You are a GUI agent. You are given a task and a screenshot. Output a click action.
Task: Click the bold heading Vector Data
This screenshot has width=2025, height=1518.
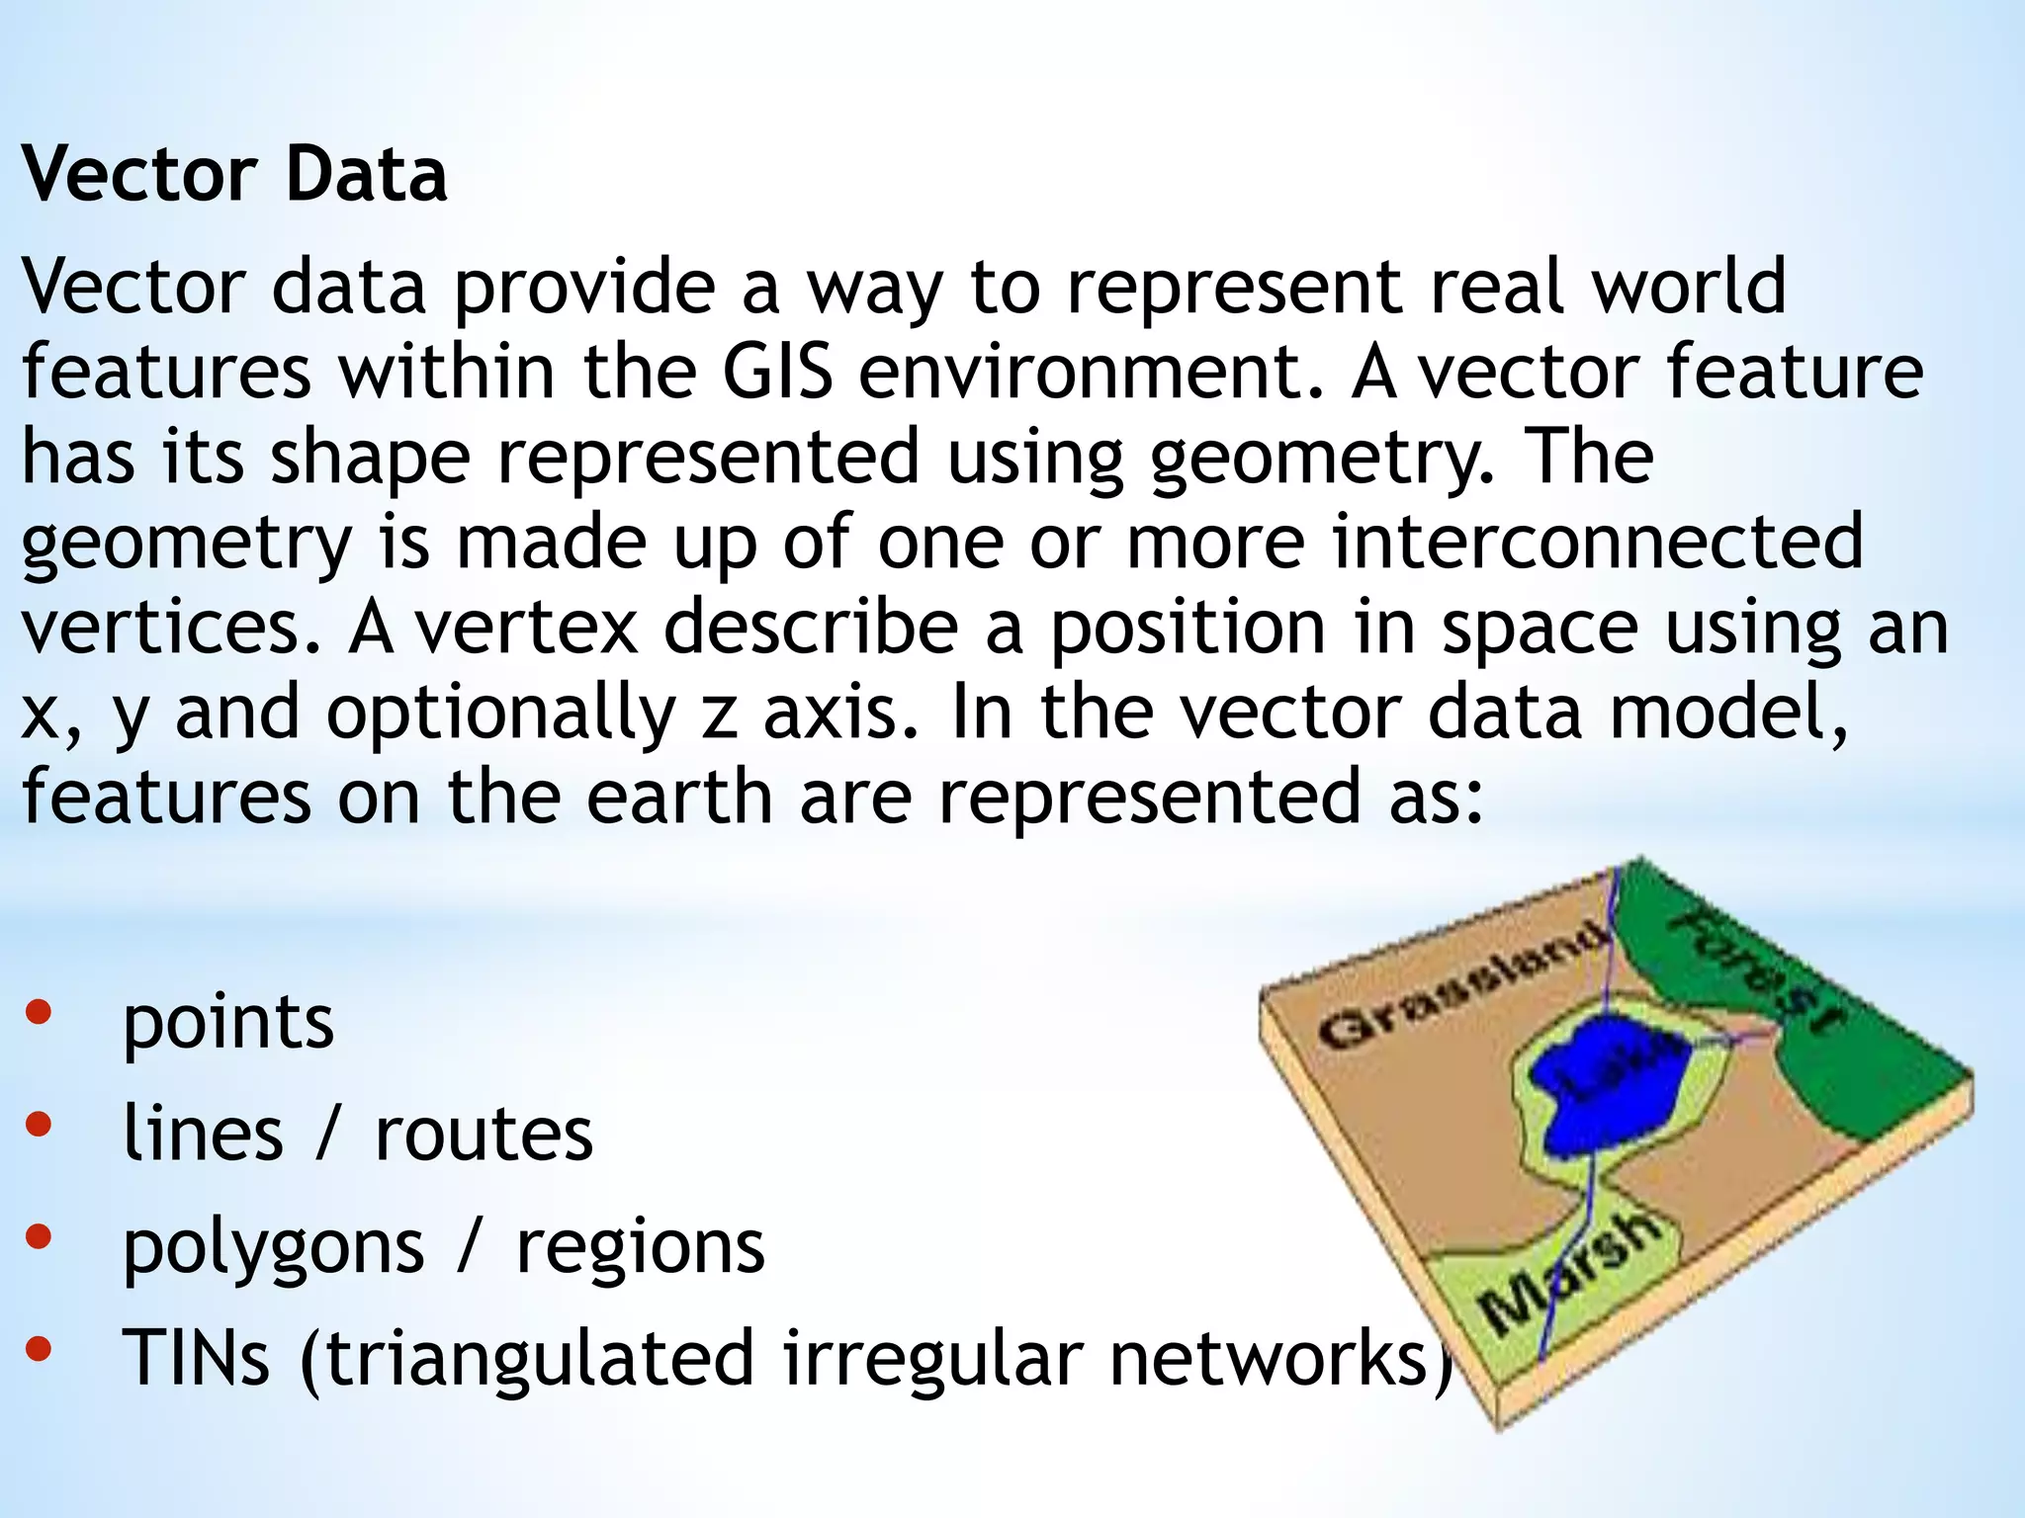coord(234,174)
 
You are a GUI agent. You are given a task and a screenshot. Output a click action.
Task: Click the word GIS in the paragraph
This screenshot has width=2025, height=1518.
coord(776,373)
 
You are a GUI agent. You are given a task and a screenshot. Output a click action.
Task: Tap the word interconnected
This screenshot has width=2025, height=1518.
coord(1597,542)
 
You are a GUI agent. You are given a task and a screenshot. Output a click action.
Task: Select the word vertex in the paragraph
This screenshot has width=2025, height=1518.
coord(526,628)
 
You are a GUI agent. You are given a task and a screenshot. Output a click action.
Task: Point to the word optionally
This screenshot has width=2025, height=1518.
coord(500,714)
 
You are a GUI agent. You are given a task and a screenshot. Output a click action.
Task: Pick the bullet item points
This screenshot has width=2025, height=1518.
coord(228,1022)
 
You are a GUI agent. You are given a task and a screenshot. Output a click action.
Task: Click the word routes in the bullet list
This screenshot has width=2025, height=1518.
coord(484,1134)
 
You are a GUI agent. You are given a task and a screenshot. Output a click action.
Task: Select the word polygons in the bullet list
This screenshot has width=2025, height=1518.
coord(274,1247)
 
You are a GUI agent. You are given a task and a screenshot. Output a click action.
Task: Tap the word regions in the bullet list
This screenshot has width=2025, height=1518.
coord(641,1247)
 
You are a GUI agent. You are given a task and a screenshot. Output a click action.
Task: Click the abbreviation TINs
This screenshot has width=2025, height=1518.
coord(196,1358)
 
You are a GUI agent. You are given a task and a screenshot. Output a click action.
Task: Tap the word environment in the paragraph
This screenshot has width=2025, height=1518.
coord(1091,373)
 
